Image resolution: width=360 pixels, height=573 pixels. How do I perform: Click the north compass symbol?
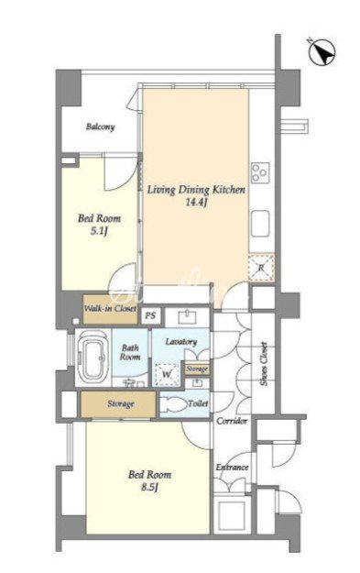click(x=322, y=53)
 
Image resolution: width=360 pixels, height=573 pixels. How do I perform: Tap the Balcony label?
click(x=101, y=127)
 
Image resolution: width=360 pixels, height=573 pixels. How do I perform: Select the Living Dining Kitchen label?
click(x=196, y=190)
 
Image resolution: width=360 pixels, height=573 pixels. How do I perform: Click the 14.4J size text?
click(x=197, y=203)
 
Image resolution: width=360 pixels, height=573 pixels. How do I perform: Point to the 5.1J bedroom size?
click(x=99, y=231)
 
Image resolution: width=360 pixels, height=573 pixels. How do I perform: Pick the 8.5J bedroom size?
click(x=149, y=487)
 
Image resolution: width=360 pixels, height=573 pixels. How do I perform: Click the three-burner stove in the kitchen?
click(x=260, y=172)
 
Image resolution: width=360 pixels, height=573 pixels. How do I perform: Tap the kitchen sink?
click(x=260, y=224)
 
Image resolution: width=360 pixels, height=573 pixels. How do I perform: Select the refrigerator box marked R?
click(x=261, y=268)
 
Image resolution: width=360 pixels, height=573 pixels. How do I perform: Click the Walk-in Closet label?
click(x=110, y=308)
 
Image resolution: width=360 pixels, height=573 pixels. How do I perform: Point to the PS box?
click(x=150, y=315)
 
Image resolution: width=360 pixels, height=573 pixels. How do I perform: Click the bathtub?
click(x=93, y=357)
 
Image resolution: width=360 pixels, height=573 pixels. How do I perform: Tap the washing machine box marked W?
click(x=168, y=374)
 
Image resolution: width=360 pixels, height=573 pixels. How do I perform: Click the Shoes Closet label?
click(x=264, y=364)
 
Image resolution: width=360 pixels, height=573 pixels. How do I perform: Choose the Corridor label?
click(x=232, y=421)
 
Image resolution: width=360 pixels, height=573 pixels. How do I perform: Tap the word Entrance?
click(x=232, y=468)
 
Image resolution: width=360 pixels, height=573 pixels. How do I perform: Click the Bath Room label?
click(x=130, y=352)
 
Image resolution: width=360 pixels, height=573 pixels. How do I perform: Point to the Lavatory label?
click(x=181, y=342)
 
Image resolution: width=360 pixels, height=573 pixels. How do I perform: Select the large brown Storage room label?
click(x=121, y=404)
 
